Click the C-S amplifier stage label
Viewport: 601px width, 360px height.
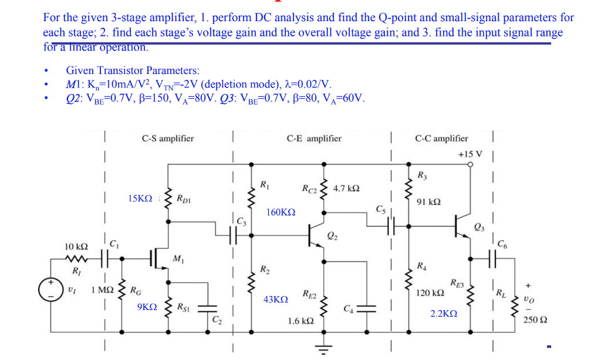167,139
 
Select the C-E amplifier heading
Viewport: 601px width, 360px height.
314,139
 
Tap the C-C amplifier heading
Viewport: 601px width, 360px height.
441,139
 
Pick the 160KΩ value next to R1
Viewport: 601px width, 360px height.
281,211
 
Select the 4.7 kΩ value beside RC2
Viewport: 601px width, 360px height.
346,189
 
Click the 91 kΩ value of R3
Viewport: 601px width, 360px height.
428,201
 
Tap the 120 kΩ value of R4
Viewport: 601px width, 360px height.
430,292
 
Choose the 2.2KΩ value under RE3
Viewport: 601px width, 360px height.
445,314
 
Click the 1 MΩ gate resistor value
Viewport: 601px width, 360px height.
103,290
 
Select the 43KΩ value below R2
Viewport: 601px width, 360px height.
275,300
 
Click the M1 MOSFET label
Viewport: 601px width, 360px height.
177,259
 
